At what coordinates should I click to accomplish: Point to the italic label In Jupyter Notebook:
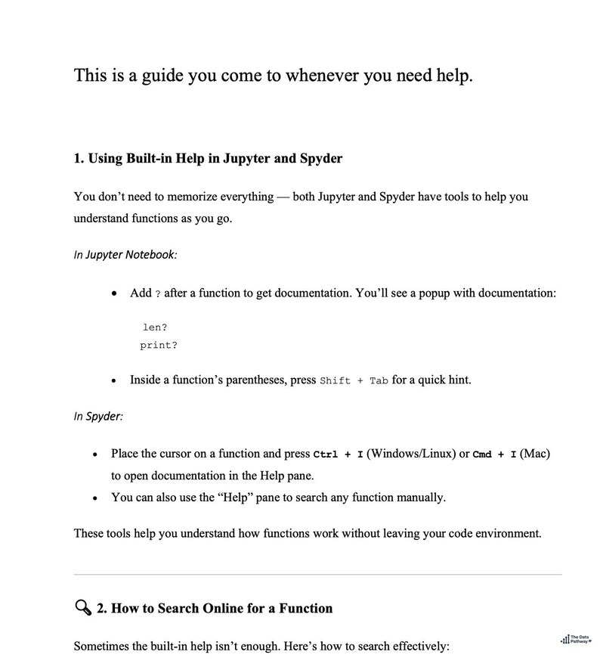(125, 254)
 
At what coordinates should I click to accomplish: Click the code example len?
(155, 327)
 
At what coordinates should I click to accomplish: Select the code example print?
(159, 346)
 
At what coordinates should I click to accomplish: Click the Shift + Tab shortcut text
(354, 380)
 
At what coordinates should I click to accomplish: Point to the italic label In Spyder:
(98, 416)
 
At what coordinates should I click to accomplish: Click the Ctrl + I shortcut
(338, 455)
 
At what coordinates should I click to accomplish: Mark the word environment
(506, 533)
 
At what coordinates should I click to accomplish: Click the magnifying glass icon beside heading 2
(82, 607)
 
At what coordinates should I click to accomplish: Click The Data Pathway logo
(576, 639)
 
